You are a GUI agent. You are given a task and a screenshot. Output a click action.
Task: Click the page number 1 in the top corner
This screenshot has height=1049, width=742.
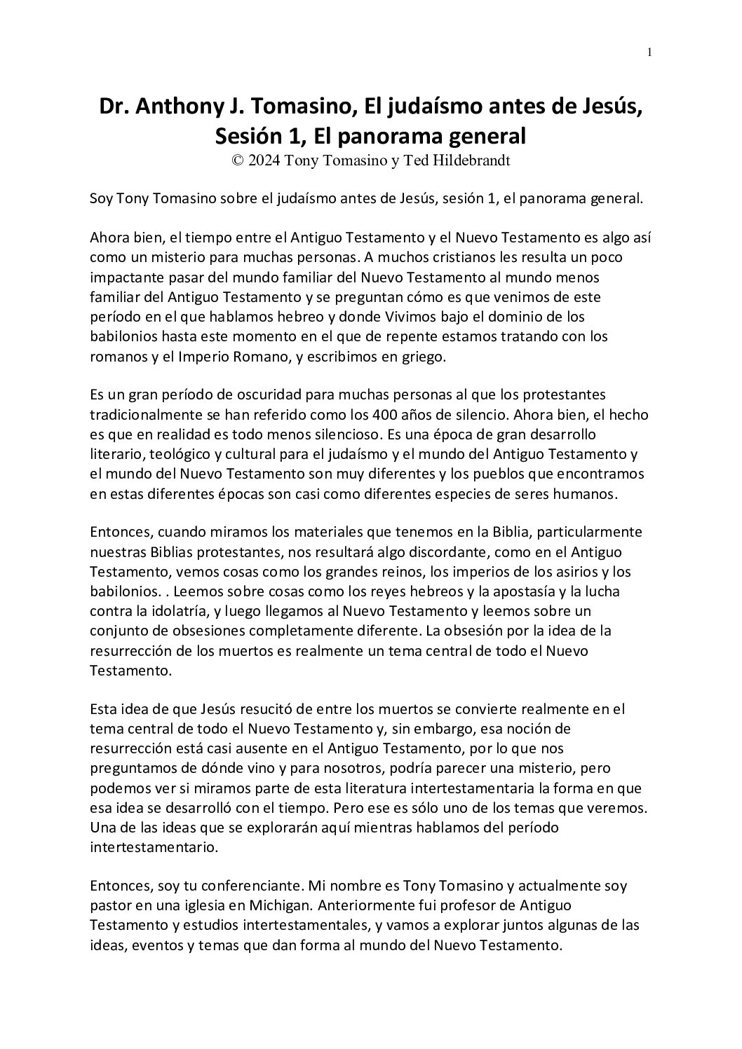pos(650,52)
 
